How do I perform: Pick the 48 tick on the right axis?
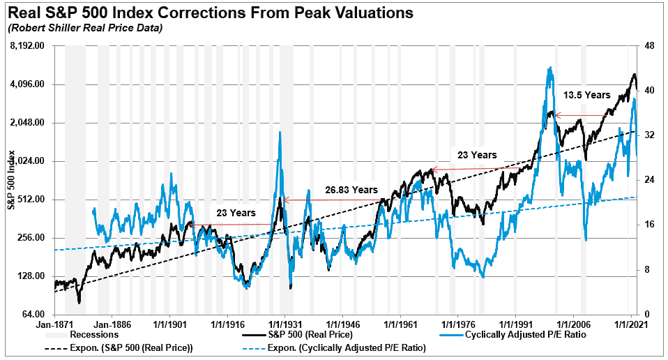651,46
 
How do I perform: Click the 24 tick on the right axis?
651,180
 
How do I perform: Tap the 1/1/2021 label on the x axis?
630,325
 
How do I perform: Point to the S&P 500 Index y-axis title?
10,180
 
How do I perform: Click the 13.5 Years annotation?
587,95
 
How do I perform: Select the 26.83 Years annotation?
351,189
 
